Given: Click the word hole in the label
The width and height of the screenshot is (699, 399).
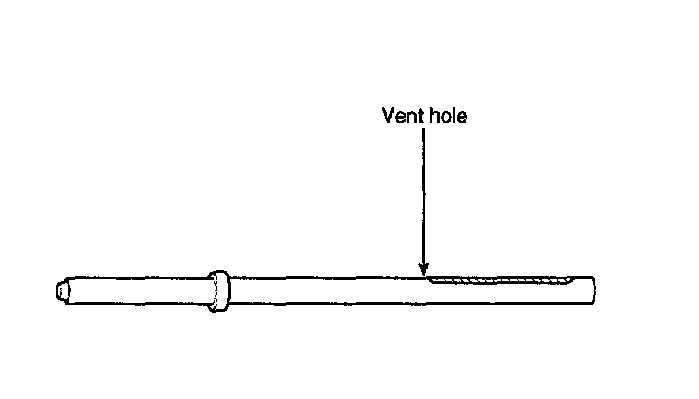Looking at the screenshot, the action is (x=445, y=117).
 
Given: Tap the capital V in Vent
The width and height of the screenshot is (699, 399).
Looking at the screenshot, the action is (x=387, y=117).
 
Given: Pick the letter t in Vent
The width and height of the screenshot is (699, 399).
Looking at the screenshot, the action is (x=416, y=117).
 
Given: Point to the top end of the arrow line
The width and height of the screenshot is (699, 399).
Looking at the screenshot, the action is (x=424, y=131).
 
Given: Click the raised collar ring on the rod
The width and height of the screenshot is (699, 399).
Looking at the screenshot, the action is (x=217, y=291).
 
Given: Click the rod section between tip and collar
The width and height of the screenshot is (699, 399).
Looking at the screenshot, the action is (x=138, y=291).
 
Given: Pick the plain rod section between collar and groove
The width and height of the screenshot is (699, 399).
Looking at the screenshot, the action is (x=323, y=291).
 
